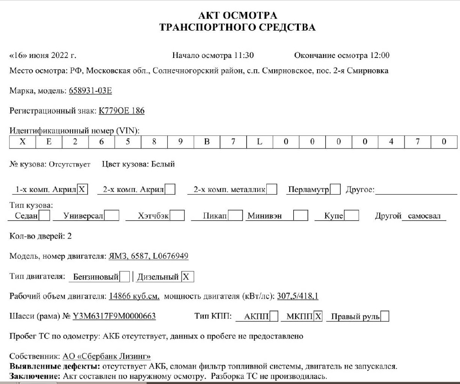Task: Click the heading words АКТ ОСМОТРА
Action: (x=238, y=16)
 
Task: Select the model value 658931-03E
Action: (x=90, y=91)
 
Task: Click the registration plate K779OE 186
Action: (x=122, y=111)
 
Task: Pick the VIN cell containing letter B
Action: (x=206, y=142)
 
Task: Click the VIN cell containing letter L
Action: (x=259, y=142)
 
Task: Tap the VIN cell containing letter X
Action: (x=22, y=142)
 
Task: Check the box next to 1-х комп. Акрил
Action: (x=82, y=189)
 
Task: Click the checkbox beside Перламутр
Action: (x=335, y=189)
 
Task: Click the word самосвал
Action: (x=424, y=216)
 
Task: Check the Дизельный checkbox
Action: (x=187, y=277)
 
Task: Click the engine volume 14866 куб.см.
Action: (x=134, y=296)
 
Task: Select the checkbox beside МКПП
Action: (x=318, y=317)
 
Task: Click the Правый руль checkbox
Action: (x=385, y=317)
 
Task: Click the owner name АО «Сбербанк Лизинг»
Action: (x=106, y=356)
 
